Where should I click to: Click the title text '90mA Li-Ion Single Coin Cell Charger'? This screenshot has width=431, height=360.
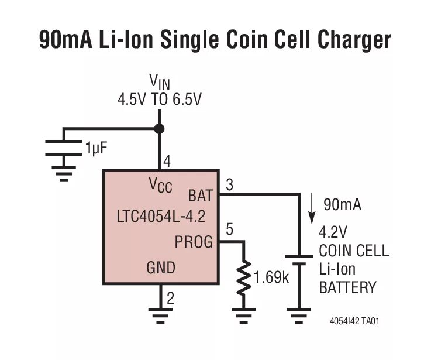[x=215, y=40]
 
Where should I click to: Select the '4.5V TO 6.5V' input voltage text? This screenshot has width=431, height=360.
[x=159, y=100]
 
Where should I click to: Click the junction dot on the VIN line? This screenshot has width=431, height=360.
[x=159, y=128]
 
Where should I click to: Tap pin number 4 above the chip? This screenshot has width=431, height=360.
[x=167, y=161]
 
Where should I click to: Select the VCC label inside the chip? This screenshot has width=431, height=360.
[x=160, y=186]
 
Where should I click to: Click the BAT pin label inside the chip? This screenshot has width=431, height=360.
[x=200, y=196]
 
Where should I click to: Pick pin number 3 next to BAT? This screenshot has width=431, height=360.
[x=229, y=185]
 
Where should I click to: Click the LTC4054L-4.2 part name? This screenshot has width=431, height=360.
[x=161, y=217]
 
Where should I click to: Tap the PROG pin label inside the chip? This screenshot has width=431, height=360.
[x=194, y=241]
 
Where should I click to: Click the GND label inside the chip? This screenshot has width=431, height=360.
[x=160, y=268]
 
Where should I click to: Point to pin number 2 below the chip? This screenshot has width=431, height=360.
[x=170, y=298]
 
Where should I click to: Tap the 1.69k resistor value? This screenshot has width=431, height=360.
[x=271, y=276]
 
